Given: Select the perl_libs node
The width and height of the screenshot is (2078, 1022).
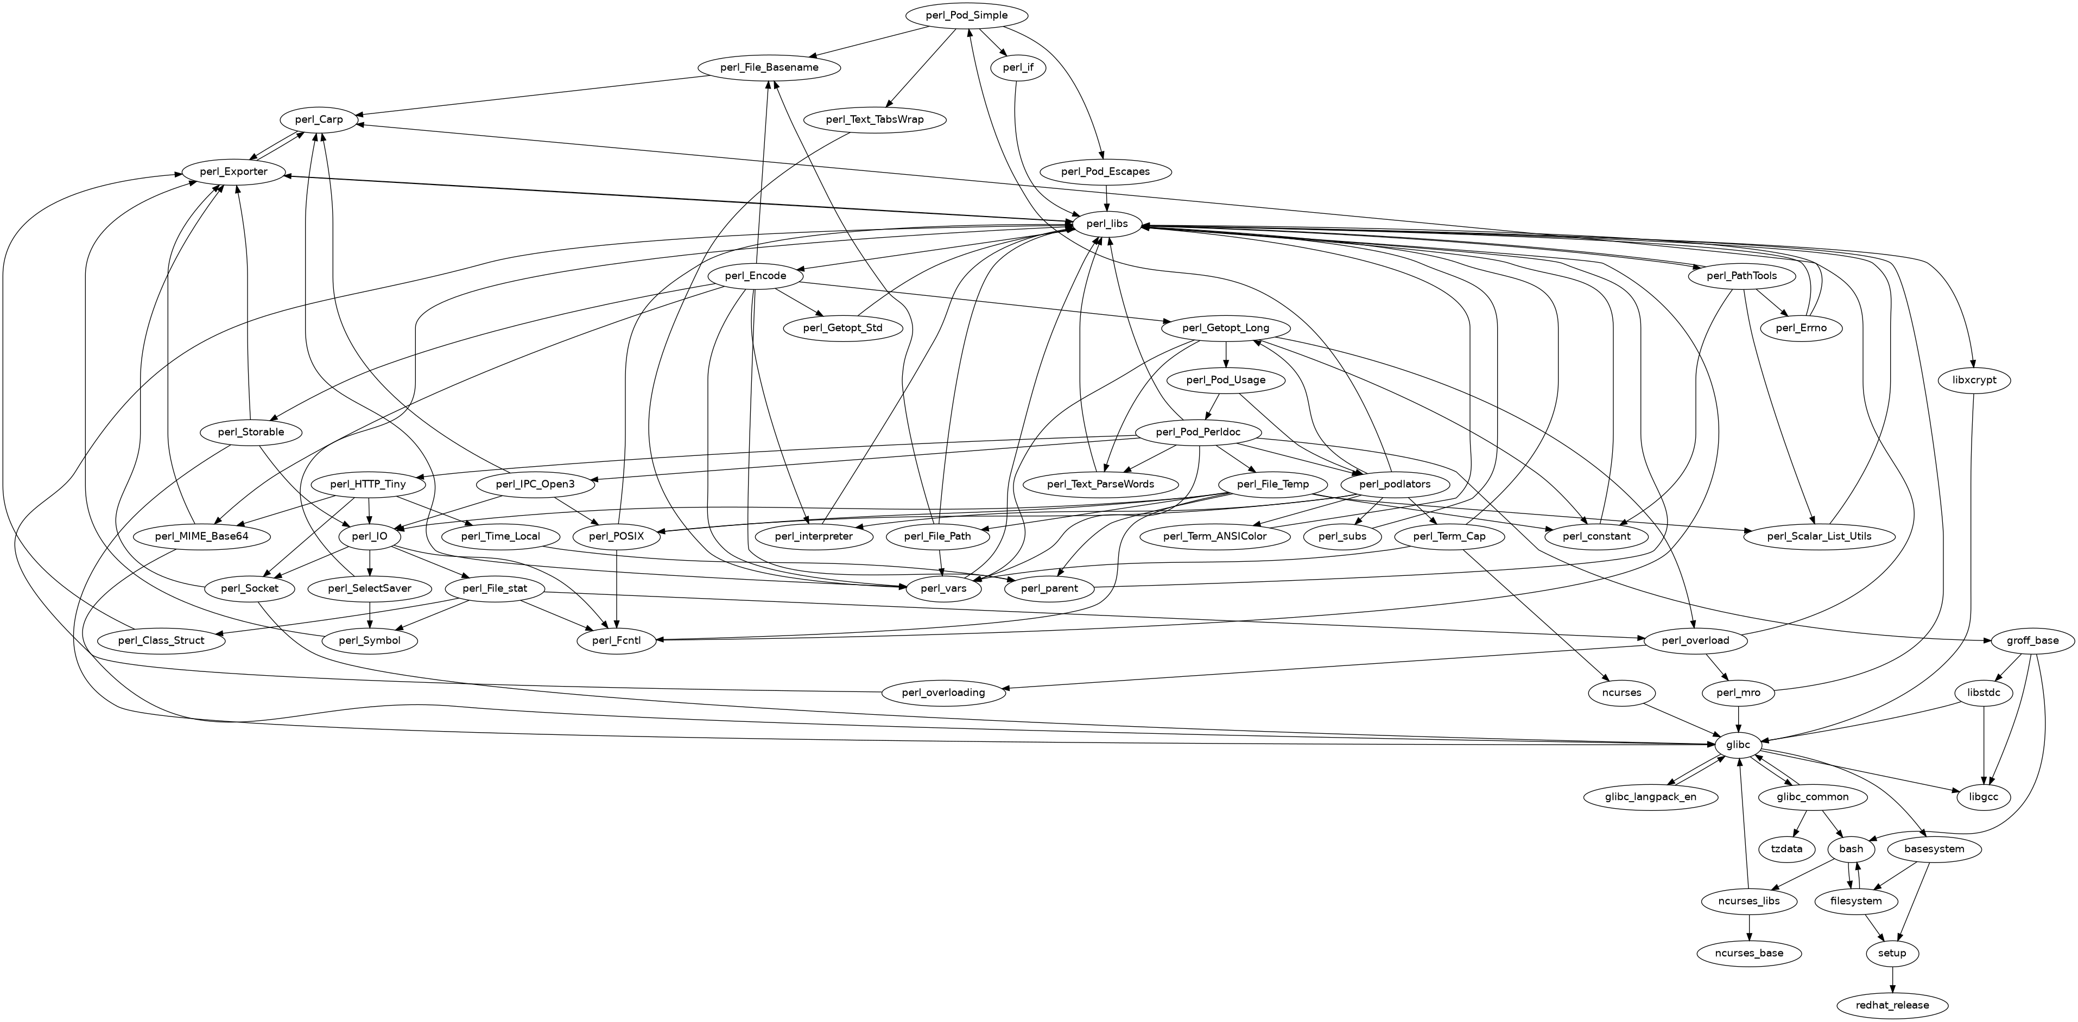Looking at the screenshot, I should point(1106,224).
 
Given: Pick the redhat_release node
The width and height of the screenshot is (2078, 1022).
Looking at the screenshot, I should point(1892,1005).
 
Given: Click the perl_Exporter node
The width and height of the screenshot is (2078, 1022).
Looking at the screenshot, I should point(235,172).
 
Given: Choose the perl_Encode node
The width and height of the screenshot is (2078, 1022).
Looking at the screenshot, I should point(755,276).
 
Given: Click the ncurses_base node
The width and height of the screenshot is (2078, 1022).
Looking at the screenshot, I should point(1750,953).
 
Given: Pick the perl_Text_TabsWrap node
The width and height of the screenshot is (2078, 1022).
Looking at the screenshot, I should point(875,119).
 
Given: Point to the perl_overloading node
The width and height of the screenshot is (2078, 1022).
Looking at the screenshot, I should point(944,692).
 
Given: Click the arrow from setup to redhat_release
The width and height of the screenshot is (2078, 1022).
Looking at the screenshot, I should point(1892,979).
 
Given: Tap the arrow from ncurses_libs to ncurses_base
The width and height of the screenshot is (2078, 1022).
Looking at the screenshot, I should point(1749,927).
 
